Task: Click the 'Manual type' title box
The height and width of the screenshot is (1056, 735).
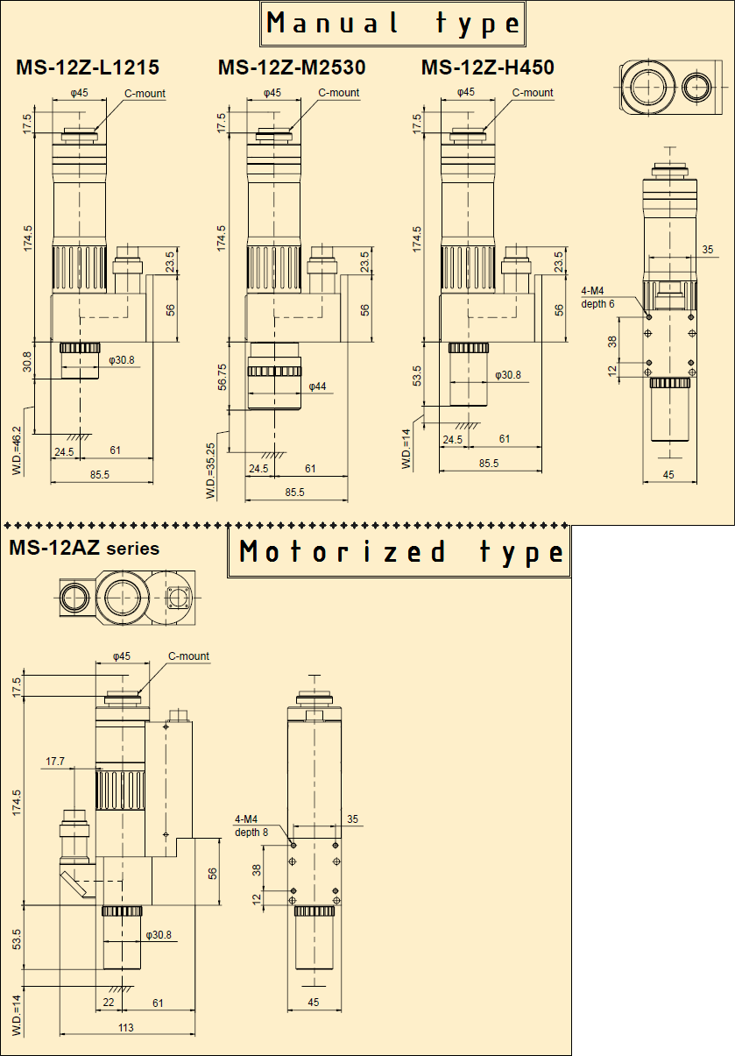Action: coord(392,24)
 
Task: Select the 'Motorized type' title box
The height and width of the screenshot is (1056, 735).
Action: coord(399,551)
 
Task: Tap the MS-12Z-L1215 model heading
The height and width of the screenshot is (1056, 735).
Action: coord(88,67)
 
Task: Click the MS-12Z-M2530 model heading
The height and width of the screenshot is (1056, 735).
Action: coord(292,67)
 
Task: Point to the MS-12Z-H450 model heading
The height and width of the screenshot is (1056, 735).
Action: coord(488,67)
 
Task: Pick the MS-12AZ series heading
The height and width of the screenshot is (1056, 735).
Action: coord(84,548)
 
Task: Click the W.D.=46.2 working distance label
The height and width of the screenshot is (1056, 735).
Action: coord(17,450)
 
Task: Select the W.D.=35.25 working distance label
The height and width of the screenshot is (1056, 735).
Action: coord(210,471)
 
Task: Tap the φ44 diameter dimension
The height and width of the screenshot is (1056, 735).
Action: coord(317,386)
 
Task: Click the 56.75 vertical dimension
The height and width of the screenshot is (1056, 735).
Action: coord(222,377)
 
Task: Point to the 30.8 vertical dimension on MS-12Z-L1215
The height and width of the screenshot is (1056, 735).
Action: coord(27,362)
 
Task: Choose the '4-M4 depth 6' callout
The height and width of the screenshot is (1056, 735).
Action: coord(597,297)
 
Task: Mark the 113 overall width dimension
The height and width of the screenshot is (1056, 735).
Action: coord(126,1027)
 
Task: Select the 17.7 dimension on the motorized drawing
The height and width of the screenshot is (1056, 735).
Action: coord(55,761)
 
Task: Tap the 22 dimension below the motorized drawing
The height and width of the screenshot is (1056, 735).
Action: coord(109,1003)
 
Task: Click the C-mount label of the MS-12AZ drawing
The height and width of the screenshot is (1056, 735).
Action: coord(188,656)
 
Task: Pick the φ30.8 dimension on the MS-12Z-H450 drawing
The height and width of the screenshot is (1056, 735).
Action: coord(508,375)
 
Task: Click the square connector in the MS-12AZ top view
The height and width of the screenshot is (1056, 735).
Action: coord(177,598)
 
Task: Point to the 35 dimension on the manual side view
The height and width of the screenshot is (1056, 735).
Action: coord(708,250)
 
